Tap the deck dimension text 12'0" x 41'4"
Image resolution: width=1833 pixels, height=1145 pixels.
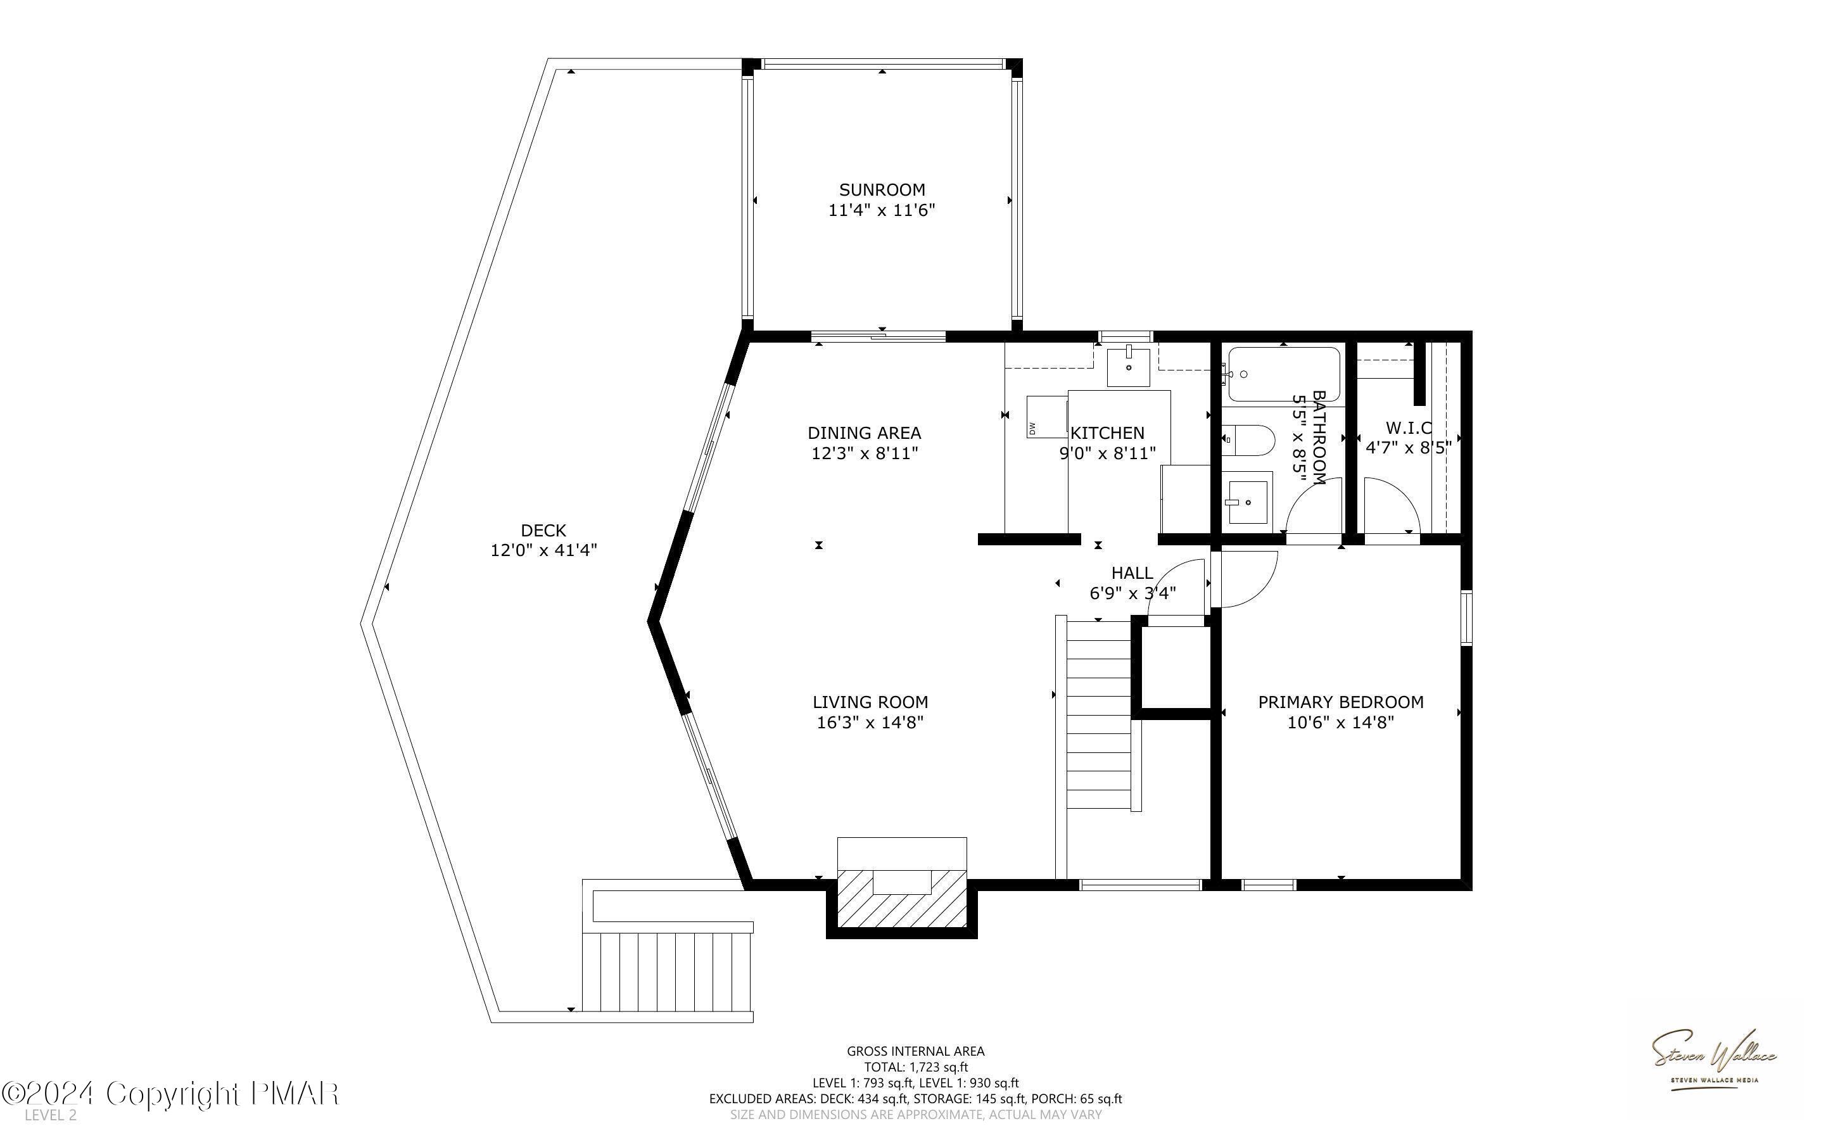click(x=543, y=550)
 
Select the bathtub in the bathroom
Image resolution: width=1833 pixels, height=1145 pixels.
click(x=1283, y=374)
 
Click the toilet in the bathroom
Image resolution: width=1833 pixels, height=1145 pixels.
click(x=1250, y=440)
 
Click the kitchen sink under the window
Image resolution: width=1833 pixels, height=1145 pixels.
click(x=1128, y=367)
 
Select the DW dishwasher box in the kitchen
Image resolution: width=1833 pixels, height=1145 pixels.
click(x=1046, y=417)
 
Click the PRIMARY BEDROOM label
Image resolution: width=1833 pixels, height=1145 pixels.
click(x=1340, y=702)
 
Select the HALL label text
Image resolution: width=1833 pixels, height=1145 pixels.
click(x=1132, y=573)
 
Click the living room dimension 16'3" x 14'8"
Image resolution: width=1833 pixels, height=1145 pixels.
click(x=870, y=723)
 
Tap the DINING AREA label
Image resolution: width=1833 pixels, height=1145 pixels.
click(x=864, y=433)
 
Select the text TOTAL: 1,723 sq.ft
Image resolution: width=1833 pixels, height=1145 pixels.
click(x=915, y=1067)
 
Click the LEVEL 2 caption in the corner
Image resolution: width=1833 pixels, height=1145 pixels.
click(x=51, y=1115)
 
